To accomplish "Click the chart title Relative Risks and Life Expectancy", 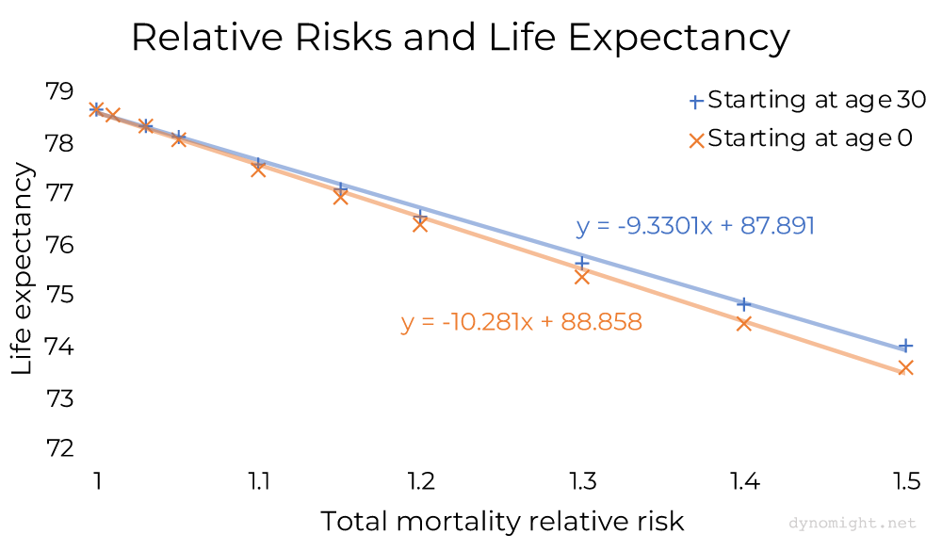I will (x=460, y=38).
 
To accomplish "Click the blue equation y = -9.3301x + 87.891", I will (x=695, y=226).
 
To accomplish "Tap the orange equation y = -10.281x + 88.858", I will (x=521, y=322).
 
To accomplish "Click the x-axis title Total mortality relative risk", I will (x=501, y=521).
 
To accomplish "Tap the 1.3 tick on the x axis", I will (x=582, y=482).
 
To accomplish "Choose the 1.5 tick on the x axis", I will (x=905, y=482).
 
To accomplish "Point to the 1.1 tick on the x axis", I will (x=259, y=482).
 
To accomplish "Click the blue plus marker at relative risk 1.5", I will (x=905, y=346).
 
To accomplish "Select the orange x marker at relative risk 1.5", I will (x=905, y=367).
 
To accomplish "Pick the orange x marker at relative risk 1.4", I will (x=743, y=323).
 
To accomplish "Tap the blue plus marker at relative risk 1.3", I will (x=582, y=262).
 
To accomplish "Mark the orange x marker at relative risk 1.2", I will (x=420, y=224).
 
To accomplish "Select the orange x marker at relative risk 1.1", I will (x=258, y=170).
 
